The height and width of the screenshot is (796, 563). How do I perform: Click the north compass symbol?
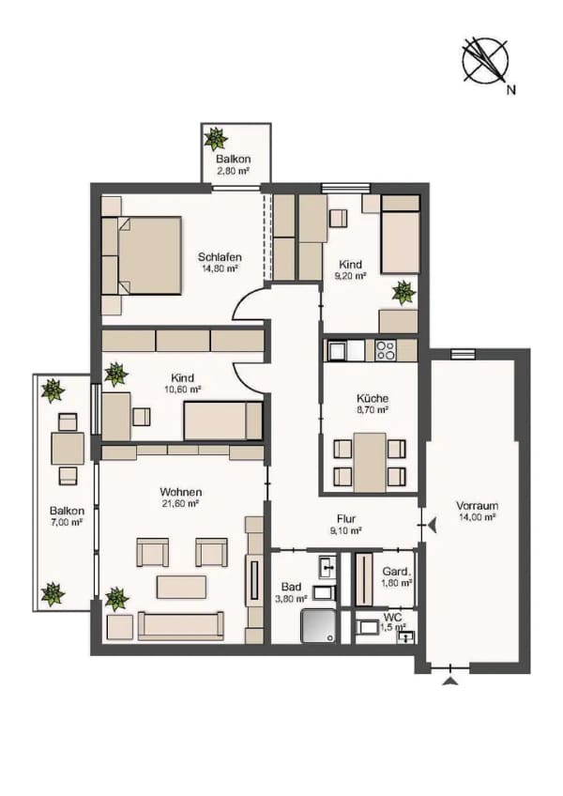[x=485, y=60]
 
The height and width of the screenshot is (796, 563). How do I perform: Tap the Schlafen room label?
[x=220, y=257]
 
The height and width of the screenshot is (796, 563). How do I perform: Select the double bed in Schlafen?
[x=150, y=255]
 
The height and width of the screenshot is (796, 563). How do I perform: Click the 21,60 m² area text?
[x=179, y=504]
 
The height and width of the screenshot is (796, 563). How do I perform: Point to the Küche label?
[x=373, y=399]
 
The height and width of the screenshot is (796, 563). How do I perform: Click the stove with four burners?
[x=386, y=350]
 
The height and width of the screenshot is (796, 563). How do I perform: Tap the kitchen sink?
[x=338, y=350]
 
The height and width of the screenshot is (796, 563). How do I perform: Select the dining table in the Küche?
[x=370, y=463]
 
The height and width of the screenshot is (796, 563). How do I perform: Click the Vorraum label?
[x=477, y=506]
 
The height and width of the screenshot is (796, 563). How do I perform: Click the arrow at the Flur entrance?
[x=432, y=526]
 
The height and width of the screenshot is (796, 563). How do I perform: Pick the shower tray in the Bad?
[x=318, y=626]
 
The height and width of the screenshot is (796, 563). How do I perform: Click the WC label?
[x=393, y=619]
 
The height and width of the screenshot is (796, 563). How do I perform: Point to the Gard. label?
[x=397, y=571]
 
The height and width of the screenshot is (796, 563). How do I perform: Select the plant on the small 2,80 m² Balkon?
[x=215, y=139]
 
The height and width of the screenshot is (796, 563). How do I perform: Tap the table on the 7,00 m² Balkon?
[x=68, y=449]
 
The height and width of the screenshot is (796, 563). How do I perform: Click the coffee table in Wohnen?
[x=181, y=587]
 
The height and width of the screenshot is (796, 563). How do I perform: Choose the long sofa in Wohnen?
[x=181, y=625]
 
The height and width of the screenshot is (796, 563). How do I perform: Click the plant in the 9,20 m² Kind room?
[x=403, y=293]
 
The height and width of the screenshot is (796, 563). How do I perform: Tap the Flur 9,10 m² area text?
[x=345, y=531]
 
